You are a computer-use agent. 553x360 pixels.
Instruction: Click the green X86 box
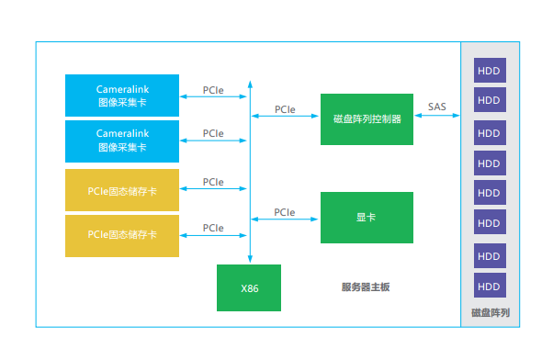249,287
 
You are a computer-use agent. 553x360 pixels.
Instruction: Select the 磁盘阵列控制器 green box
367,118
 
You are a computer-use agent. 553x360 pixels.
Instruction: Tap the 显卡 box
367,218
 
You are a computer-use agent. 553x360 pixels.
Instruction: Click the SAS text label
437,107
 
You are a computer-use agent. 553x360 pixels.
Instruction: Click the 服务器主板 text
366,287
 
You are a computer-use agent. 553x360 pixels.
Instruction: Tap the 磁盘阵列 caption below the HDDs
490,312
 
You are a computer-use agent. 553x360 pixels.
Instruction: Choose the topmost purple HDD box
490,71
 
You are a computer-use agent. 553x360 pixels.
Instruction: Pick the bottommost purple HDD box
490,284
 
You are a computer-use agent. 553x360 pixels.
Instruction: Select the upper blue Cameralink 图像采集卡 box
122,96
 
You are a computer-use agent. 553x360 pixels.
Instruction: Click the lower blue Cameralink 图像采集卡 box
122,141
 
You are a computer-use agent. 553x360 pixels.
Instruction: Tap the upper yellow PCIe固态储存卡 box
122,191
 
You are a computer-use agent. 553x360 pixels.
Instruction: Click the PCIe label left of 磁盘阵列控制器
285,109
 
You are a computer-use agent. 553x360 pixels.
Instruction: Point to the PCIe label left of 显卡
285,212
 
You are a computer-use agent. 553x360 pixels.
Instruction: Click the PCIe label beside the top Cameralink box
213,90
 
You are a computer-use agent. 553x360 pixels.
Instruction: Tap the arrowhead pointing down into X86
249,261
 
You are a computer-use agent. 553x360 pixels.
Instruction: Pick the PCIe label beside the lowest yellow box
213,227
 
